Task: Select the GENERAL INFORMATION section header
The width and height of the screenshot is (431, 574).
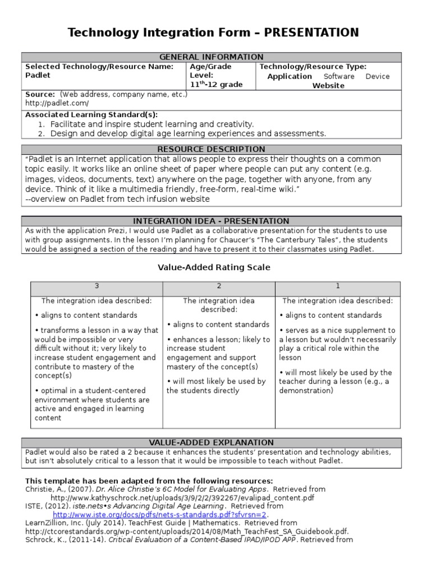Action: point(212,57)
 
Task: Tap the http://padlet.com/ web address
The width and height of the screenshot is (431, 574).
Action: point(57,104)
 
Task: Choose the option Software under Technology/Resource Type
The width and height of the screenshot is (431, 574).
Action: point(339,76)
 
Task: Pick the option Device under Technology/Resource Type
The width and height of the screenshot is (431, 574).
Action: point(377,76)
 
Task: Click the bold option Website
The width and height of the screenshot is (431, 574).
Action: point(328,86)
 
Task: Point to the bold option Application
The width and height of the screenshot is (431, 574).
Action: point(289,76)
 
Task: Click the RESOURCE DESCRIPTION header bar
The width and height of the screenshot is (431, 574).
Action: point(212,149)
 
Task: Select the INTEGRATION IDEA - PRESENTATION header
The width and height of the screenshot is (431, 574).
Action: point(212,221)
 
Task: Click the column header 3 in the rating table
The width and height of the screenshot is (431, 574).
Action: point(96,286)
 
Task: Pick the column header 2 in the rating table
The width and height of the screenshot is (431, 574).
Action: point(219,286)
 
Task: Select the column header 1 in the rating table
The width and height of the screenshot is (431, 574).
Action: point(338,286)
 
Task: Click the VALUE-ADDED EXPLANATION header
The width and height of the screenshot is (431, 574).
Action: point(212,443)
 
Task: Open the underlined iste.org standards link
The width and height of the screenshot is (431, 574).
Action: point(161,515)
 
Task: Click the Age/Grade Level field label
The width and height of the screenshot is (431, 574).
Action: point(210,71)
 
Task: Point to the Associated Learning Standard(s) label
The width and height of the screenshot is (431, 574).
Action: point(91,114)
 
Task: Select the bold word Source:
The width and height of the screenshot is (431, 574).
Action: point(40,94)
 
